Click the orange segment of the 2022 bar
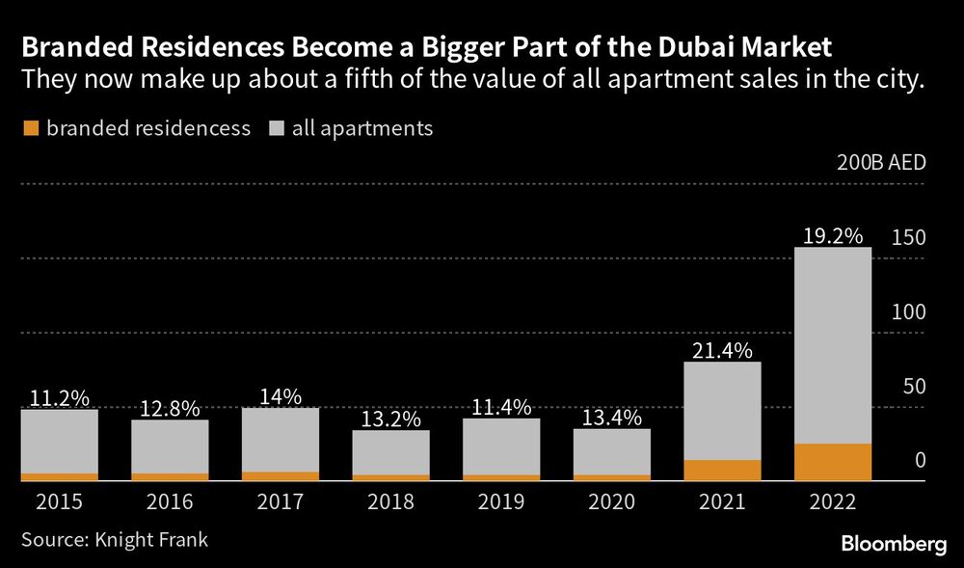(833, 462)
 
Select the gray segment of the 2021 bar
(722, 411)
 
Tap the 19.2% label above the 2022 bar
(833, 234)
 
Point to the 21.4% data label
(722, 349)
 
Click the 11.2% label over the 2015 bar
(60, 396)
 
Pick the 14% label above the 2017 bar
(281, 395)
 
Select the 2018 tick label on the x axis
(391, 501)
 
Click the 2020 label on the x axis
(612, 501)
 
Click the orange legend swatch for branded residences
(31, 128)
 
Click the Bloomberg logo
(892, 545)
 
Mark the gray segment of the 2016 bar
(170, 446)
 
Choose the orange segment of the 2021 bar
(722, 470)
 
